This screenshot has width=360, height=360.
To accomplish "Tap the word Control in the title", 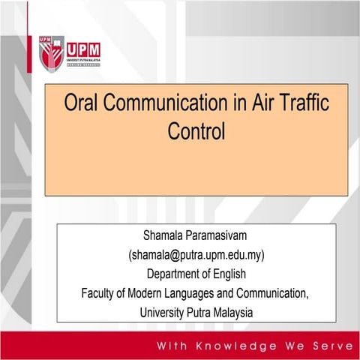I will (196, 132).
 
